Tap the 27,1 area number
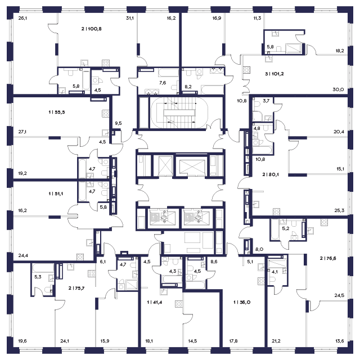click(22, 132)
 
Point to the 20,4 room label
click(339, 132)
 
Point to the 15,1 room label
click(339, 168)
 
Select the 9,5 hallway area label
click(119, 122)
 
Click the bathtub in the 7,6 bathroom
click(168, 71)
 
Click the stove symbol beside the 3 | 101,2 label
click(246, 70)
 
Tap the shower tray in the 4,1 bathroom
click(277, 264)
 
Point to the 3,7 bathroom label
click(267, 100)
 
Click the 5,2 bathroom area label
click(286, 228)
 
